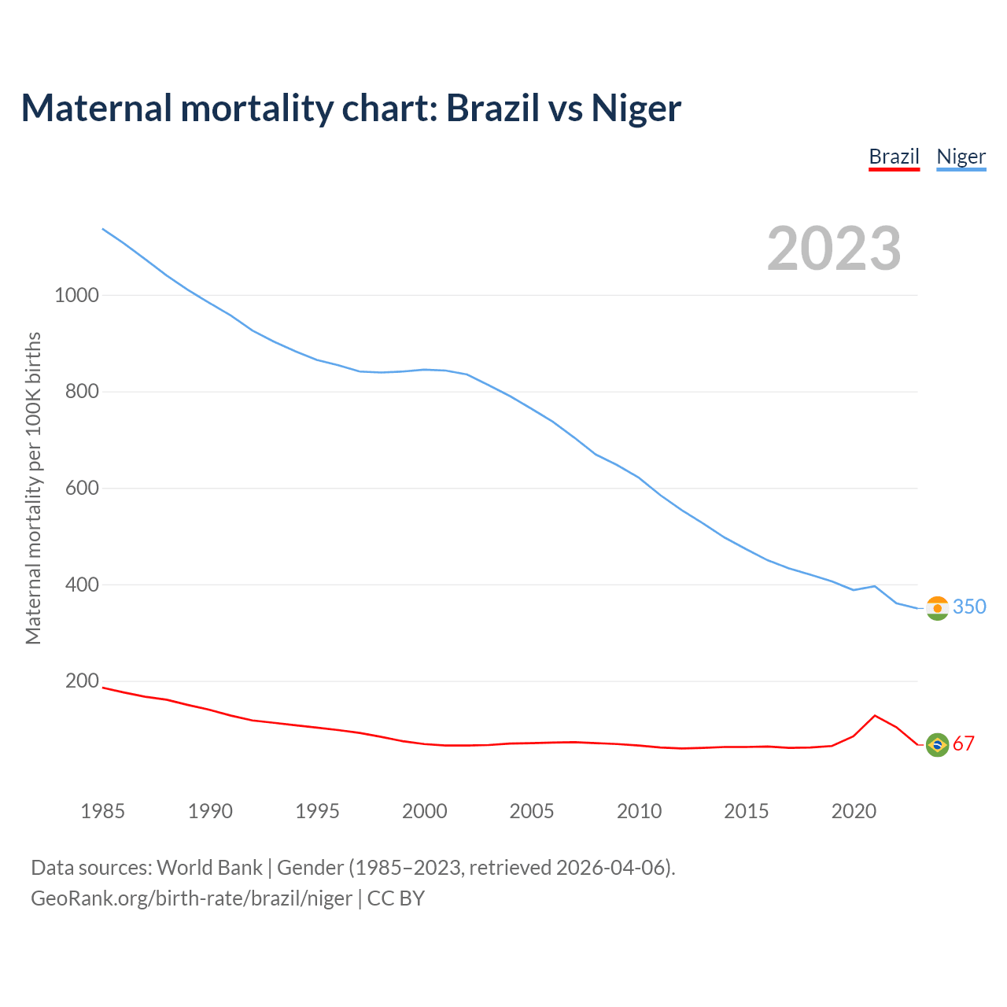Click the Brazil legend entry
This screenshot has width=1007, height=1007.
click(x=894, y=157)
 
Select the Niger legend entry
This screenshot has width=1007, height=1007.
click(x=961, y=157)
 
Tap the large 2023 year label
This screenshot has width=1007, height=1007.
click(x=834, y=248)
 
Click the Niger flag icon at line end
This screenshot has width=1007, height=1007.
click(x=937, y=608)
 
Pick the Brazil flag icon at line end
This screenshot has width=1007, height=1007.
click(x=937, y=744)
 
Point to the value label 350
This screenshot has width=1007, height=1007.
click(x=969, y=607)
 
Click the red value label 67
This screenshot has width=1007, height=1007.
click(x=964, y=743)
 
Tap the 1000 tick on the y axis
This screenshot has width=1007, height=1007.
click(x=76, y=295)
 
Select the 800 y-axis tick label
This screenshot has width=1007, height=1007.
click(x=82, y=391)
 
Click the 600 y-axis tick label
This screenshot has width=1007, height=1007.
click(x=82, y=488)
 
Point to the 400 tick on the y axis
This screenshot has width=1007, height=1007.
click(x=82, y=585)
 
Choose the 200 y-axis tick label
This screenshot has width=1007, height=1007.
click(x=82, y=681)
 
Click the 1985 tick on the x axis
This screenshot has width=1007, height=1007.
click(x=103, y=811)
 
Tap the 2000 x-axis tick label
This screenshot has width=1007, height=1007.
click(x=425, y=811)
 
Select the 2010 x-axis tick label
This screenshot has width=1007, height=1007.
click(x=639, y=811)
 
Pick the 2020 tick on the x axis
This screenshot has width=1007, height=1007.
click(x=854, y=811)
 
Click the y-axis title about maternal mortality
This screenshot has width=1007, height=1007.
click(x=33, y=488)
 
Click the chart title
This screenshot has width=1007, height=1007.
click(x=351, y=108)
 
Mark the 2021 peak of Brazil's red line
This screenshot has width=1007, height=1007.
click(x=875, y=715)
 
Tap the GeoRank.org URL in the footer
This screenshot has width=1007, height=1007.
click(x=191, y=898)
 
